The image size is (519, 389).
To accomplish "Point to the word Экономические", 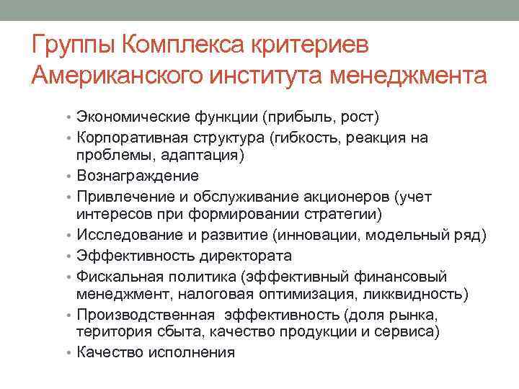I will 132,117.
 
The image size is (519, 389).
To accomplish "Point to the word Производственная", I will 146,315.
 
